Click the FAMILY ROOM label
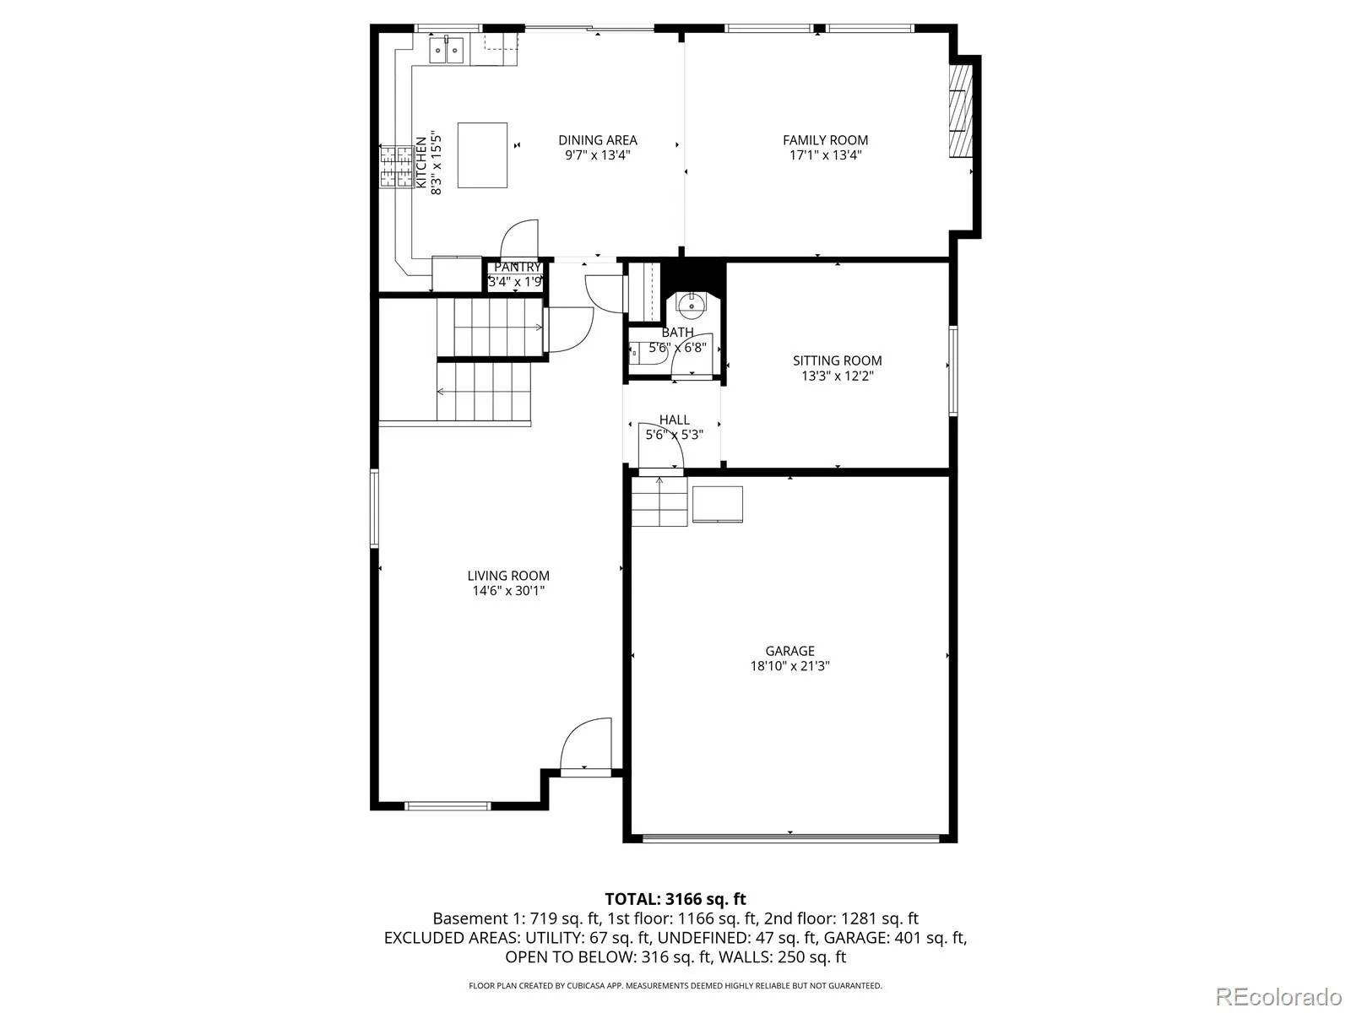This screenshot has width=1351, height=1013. tap(825, 140)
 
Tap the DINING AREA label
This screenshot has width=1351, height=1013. tap(597, 140)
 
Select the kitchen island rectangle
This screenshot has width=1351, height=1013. tap(482, 155)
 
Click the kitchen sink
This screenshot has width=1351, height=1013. tap(446, 50)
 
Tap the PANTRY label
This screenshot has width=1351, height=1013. tap(517, 268)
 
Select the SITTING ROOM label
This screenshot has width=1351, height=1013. tap(837, 361)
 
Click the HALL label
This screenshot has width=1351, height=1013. tap(674, 420)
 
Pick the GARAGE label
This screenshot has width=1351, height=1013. tap(789, 651)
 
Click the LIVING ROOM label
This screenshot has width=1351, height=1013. tap(508, 576)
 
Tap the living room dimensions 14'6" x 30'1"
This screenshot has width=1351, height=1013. tap(508, 591)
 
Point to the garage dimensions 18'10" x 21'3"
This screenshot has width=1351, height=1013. tap(789, 666)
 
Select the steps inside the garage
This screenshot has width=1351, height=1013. tap(659, 502)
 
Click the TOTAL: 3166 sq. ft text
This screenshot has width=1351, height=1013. tap(675, 899)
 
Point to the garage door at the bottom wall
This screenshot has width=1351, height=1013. tap(790, 837)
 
